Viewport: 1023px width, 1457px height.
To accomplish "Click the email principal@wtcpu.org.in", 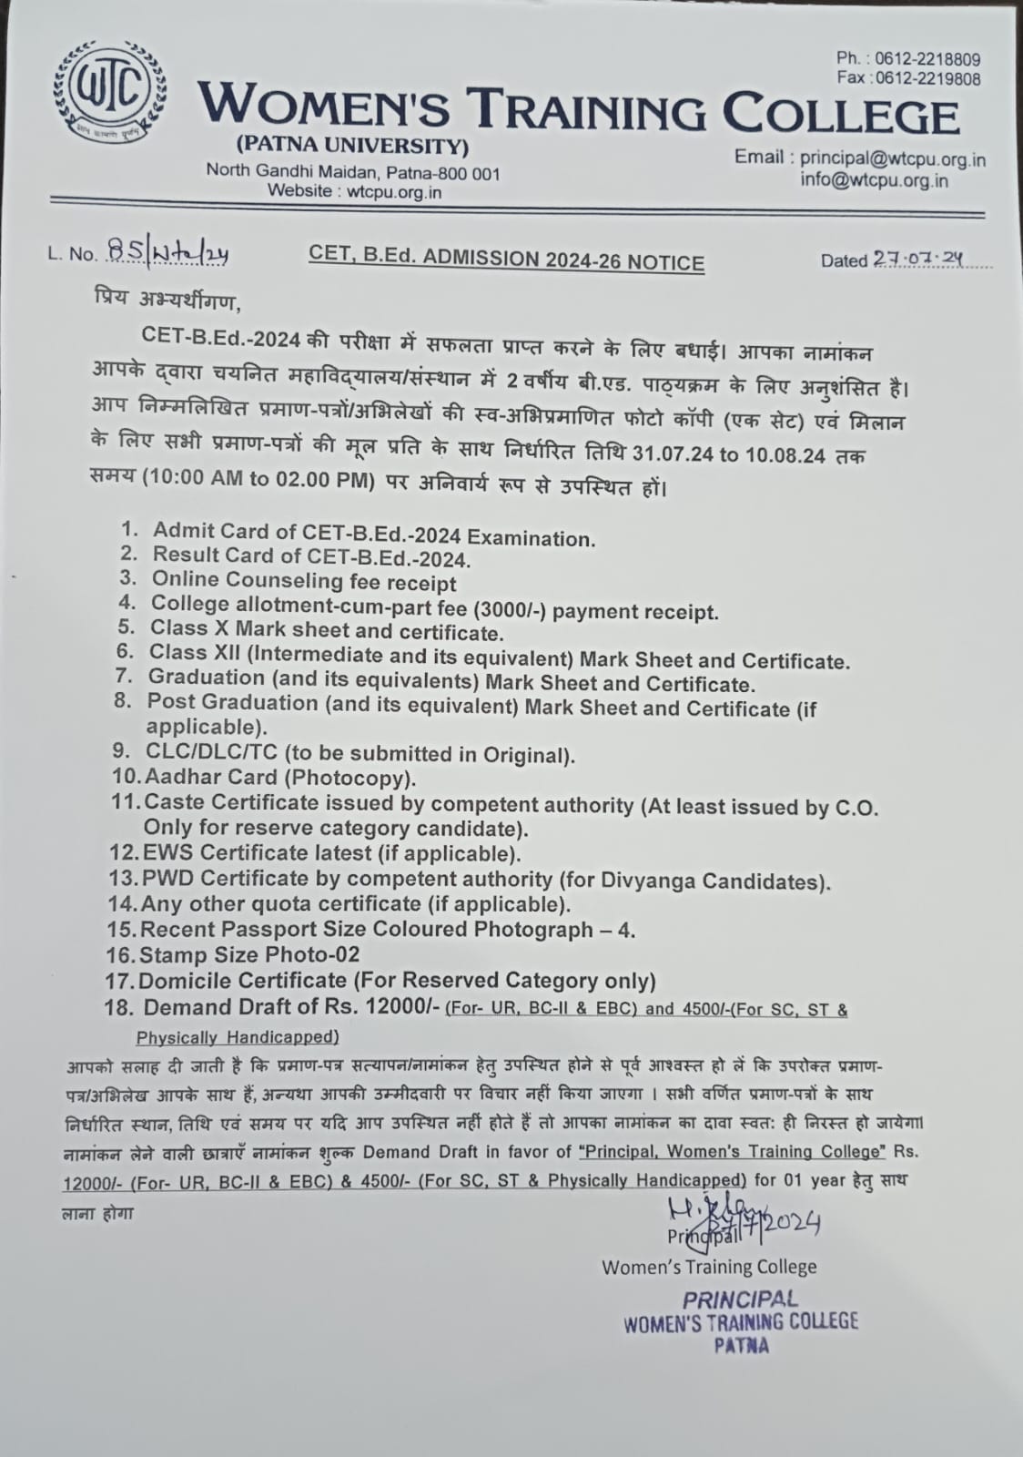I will (893, 158).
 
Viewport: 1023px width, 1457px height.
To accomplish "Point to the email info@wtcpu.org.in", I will (874, 179).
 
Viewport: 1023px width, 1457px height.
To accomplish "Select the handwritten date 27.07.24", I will (917, 260).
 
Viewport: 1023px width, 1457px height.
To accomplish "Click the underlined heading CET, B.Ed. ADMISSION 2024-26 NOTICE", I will (506, 260).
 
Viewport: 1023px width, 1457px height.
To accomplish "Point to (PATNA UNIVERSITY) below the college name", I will (352, 146).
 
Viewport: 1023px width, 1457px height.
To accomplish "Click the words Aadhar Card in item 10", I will (198, 778).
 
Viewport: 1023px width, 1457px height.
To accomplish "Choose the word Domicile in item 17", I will (197, 981).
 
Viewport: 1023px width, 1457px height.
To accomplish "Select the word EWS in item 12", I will (168, 853).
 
